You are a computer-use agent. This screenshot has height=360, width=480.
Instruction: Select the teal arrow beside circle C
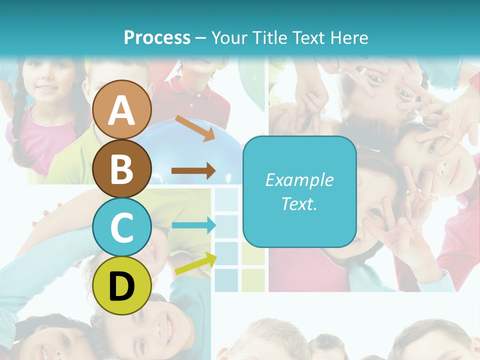click(x=193, y=225)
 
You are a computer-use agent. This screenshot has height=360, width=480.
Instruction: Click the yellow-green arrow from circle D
click(x=195, y=263)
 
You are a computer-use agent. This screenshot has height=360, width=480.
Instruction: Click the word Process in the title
click(x=157, y=37)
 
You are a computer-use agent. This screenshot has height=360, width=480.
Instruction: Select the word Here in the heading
click(x=349, y=37)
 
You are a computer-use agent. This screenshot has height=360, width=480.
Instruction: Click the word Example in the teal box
click(x=299, y=180)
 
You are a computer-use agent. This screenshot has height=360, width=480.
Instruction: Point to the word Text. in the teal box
click(x=299, y=203)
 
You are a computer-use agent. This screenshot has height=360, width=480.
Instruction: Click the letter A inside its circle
click(x=122, y=111)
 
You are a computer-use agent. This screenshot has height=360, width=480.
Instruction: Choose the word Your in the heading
click(x=230, y=37)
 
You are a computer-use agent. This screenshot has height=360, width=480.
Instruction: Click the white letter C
click(x=122, y=228)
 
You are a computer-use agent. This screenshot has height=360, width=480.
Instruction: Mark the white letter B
click(x=122, y=169)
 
